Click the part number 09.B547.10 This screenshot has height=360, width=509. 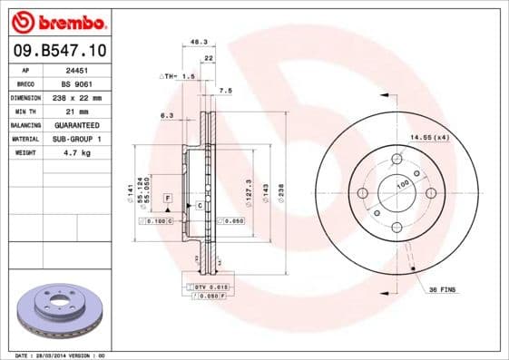pos(57,50)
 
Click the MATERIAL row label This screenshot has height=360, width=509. pos(24,139)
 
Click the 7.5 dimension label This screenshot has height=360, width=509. pos(226,91)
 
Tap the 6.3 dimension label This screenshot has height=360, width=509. pos(166,115)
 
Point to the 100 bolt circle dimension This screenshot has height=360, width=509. pos(402,184)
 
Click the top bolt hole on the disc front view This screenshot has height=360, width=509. pos(396,160)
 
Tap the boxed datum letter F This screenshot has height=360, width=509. pos(167,197)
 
